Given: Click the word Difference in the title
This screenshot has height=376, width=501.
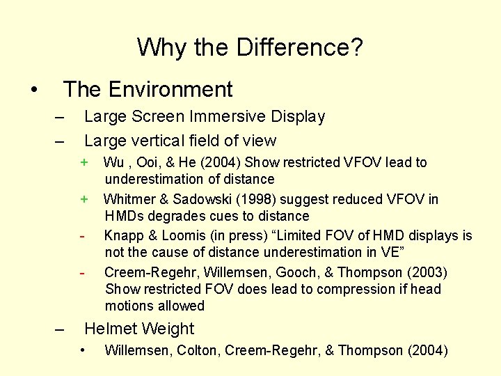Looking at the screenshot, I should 300,47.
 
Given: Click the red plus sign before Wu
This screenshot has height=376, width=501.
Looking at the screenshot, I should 84,162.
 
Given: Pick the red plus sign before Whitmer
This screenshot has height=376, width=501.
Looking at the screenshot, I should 84,199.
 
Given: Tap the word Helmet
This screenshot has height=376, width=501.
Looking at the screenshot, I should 111,329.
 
